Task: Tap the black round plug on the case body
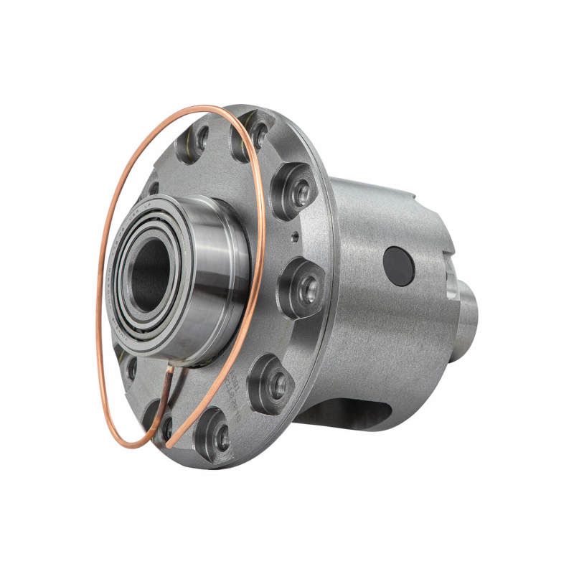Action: [x=399, y=266]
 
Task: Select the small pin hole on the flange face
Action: [x=294, y=234]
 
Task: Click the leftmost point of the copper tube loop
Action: [x=97, y=301]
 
